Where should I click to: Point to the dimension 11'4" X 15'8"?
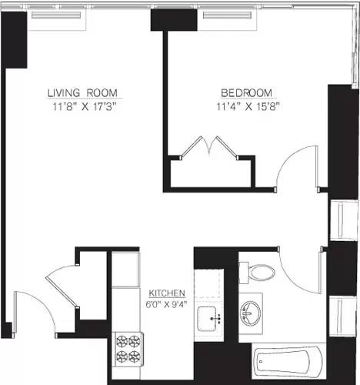click(245, 107)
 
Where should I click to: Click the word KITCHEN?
click(166, 294)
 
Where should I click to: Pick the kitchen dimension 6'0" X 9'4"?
click(166, 305)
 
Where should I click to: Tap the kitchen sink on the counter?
click(208, 317)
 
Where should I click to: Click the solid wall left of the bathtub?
click(222, 362)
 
